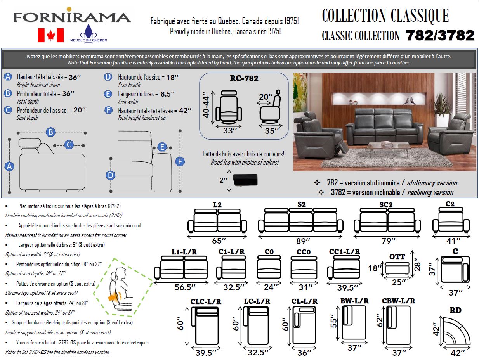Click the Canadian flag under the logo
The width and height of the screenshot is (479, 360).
click(51, 35)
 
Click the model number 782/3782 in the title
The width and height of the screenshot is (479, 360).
click(440, 36)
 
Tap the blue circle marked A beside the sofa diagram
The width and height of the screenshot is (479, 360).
click(9, 166)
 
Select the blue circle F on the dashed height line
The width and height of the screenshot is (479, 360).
click(180, 161)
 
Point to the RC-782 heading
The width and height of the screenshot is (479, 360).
click(244, 78)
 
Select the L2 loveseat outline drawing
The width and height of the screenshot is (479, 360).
click(217, 221)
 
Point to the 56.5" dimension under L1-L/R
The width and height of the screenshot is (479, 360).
click(184, 287)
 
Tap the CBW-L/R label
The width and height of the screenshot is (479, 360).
click(398, 301)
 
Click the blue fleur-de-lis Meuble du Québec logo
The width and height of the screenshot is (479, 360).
click(88, 31)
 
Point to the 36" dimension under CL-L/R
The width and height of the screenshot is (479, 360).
click(304, 353)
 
